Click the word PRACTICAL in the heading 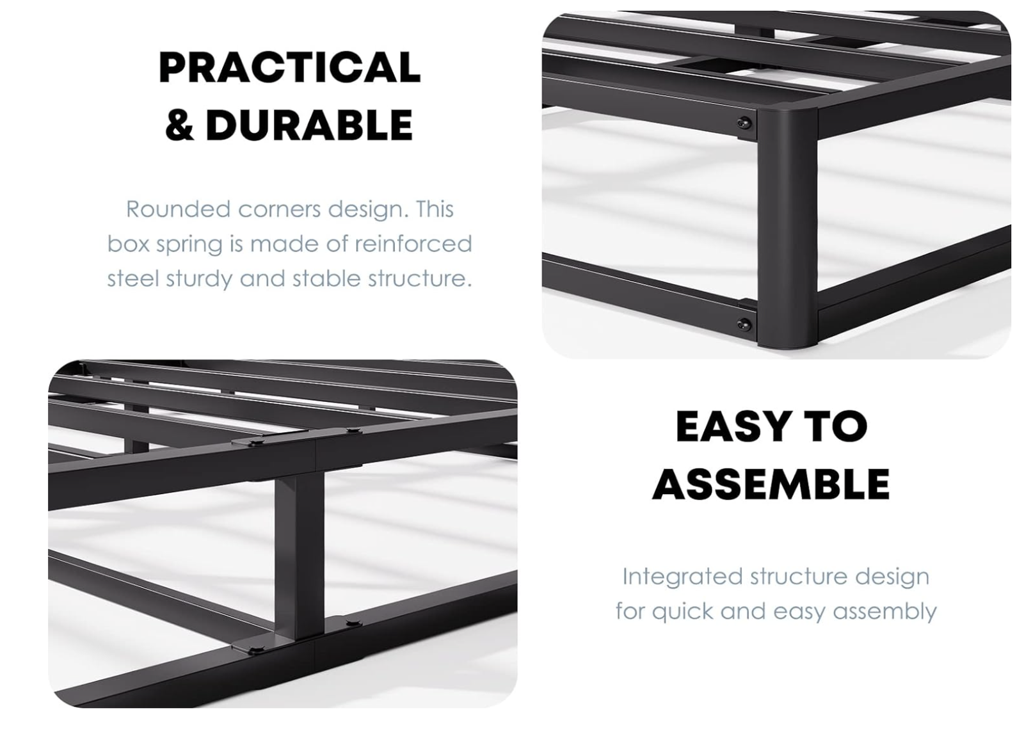coord(289,68)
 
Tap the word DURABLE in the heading coord(309,125)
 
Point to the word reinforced coord(413,243)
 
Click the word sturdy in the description coord(199,279)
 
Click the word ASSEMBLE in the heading coord(771,484)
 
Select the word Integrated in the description coord(682,577)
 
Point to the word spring coord(190,244)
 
